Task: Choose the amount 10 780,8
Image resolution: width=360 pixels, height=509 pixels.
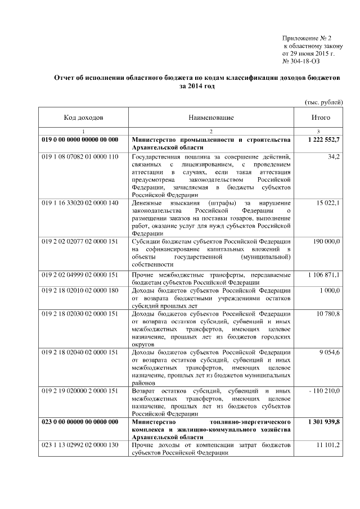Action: click(x=328, y=313)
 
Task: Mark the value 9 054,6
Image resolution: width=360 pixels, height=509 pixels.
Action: click(x=329, y=352)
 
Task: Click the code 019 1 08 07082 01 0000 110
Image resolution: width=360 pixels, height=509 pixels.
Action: click(x=80, y=155)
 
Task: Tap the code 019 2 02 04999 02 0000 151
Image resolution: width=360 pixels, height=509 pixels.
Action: click(x=80, y=274)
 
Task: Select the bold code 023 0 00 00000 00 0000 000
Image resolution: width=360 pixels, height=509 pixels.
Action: click(x=80, y=422)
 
